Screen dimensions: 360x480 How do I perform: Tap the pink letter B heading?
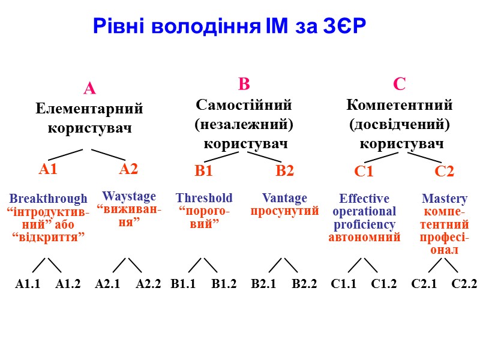click(244, 84)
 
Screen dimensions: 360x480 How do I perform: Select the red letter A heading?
click(89, 89)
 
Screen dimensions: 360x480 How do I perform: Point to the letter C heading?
click(399, 84)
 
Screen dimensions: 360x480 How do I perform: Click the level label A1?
click(48, 169)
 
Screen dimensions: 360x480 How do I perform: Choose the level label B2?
click(285, 171)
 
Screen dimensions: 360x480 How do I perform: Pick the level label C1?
click(364, 172)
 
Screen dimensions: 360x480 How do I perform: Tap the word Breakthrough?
click(48, 199)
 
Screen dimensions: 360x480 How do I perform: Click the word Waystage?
click(129, 196)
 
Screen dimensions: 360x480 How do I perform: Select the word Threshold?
click(204, 198)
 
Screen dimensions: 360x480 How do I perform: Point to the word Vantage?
click(284, 198)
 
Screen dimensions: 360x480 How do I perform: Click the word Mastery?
click(445, 198)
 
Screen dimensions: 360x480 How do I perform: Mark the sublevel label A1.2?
click(68, 284)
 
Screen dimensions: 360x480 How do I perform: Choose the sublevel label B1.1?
click(183, 284)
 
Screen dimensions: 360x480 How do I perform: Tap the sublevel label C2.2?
click(464, 284)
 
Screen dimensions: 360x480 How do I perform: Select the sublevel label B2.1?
click(263, 284)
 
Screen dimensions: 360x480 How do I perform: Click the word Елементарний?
click(89, 109)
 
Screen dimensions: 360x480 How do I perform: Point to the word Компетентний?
click(400, 105)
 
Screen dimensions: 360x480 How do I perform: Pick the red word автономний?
click(364, 237)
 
